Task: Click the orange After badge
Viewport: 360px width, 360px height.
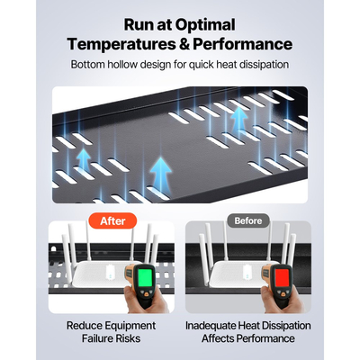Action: pyautogui.click(x=112, y=221)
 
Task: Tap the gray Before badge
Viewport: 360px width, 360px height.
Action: pyautogui.click(x=248, y=220)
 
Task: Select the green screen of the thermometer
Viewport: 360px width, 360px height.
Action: pyautogui.click(x=144, y=277)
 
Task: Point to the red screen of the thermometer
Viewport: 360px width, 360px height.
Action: pyautogui.click(x=282, y=277)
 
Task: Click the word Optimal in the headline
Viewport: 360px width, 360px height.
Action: pyautogui.click(x=205, y=25)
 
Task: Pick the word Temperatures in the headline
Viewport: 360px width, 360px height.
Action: pyautogui.click(x=121, y=44)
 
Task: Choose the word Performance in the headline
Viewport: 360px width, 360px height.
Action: pyautogui.click(x=242, y=44)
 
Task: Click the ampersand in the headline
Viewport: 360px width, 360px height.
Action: pyautogui.click(x=184, y=44)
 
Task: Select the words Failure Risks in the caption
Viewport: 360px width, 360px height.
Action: pyautogui.click(x=111, y=338)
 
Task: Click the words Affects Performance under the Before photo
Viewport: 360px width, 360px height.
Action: pyautogui.click(x=248, y=338)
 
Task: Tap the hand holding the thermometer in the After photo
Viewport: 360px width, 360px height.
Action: pyautogui.click(x=145, y=299)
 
